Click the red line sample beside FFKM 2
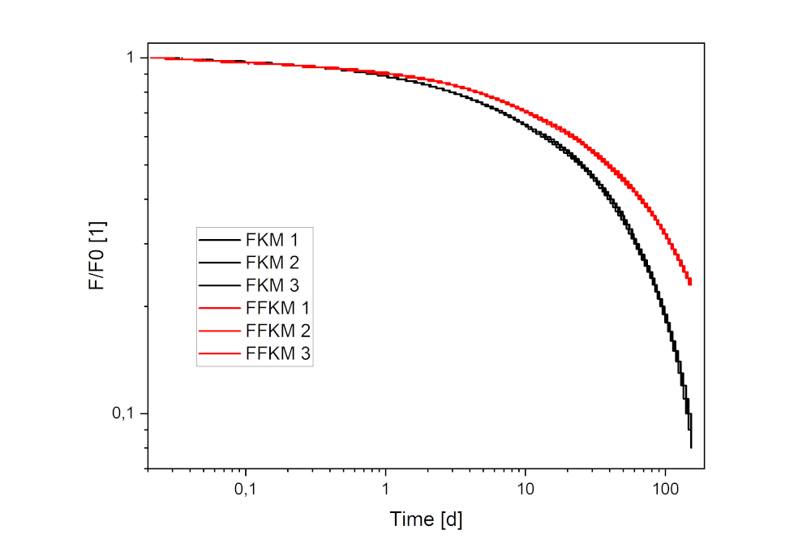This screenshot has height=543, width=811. tap(218, 331)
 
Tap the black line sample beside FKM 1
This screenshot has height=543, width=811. tap(218, 240)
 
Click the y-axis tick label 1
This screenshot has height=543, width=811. tap(130, 58)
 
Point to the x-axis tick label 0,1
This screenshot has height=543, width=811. tap(245, 491)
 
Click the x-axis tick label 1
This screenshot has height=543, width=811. tap(385, 491)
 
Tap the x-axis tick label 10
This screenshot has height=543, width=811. tap(525, 491)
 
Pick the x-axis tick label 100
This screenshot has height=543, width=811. tap(665, 491)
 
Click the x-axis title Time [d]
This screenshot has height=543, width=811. tap(426, 519)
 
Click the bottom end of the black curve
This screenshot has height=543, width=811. tap(691, 446)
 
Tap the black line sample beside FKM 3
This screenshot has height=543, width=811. tap(218, 285)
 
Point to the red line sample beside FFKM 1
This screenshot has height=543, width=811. tap(218, 308)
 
